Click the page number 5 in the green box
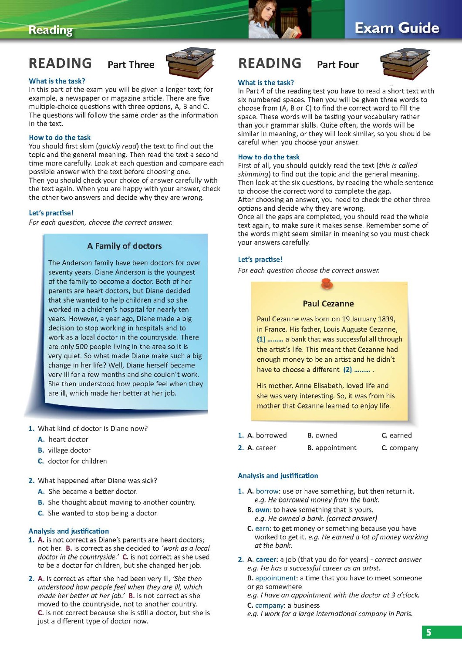pyautogui.click(x=428, y=633)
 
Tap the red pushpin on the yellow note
pyautogui.click(x=327, y=284)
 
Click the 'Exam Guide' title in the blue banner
pyautogui.click(x=397, y=28)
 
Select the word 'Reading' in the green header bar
pyautogui.click(x=51, y=30)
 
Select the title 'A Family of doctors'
pyautogui.click(x=124, y=246)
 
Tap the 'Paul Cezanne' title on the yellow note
pyautogui.click(x=328, y=304)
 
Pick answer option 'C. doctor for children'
pyautogui.click(x=72, y=461)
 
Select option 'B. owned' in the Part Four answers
pyautogui.click(x=322, y=435)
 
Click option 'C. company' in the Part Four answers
pyautogui.click(x=400, y=448)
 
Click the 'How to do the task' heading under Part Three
pyautogui.click(x=60, y=138)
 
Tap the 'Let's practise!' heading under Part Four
pyautogui.click(x=260, y=259)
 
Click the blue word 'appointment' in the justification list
pyautogui.click(x=276, y=578)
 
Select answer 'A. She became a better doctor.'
pyautogui.click(x=88, y=491)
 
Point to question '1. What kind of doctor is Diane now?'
pyautogui.click(x=88, y=428)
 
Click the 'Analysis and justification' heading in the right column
pyautogui.click(x=278, y=476)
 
